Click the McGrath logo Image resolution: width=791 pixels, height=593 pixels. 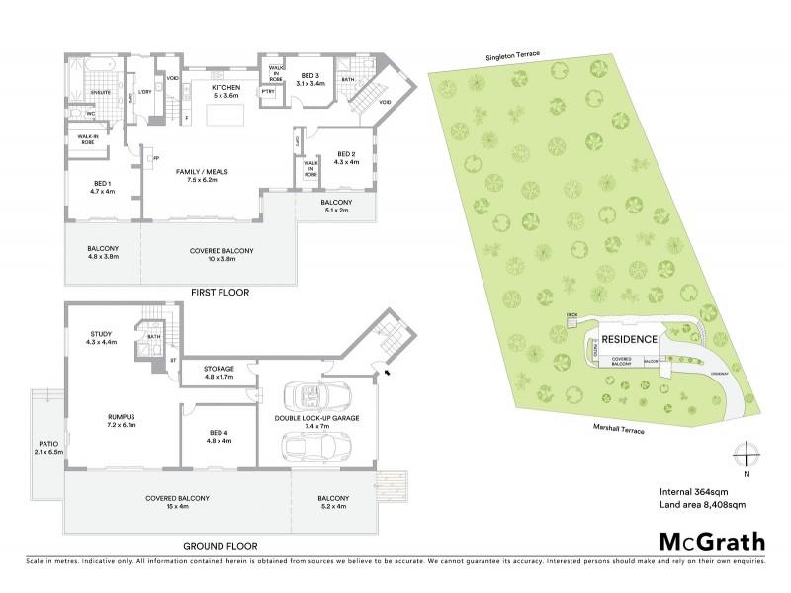click(710, 543)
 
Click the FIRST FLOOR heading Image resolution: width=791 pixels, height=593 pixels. click(220, 293)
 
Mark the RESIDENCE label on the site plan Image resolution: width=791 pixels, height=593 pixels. click(630, 339)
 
